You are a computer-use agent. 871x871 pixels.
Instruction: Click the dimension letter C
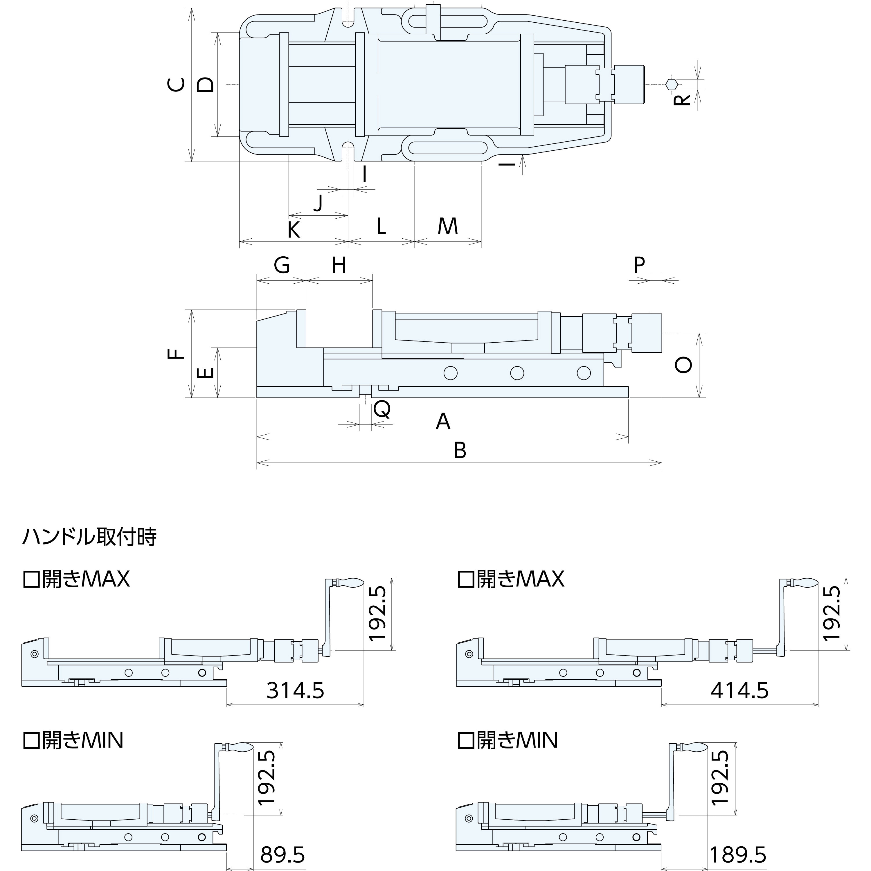[x=177, y=85]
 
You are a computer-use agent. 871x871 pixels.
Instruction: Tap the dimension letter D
[x=206, y=85]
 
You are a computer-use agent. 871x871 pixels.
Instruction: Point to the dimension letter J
[x=318, y=202]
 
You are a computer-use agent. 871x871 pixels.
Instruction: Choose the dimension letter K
[x=294, y=230]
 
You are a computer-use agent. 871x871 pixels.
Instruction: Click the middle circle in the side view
[x=517, y=373]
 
